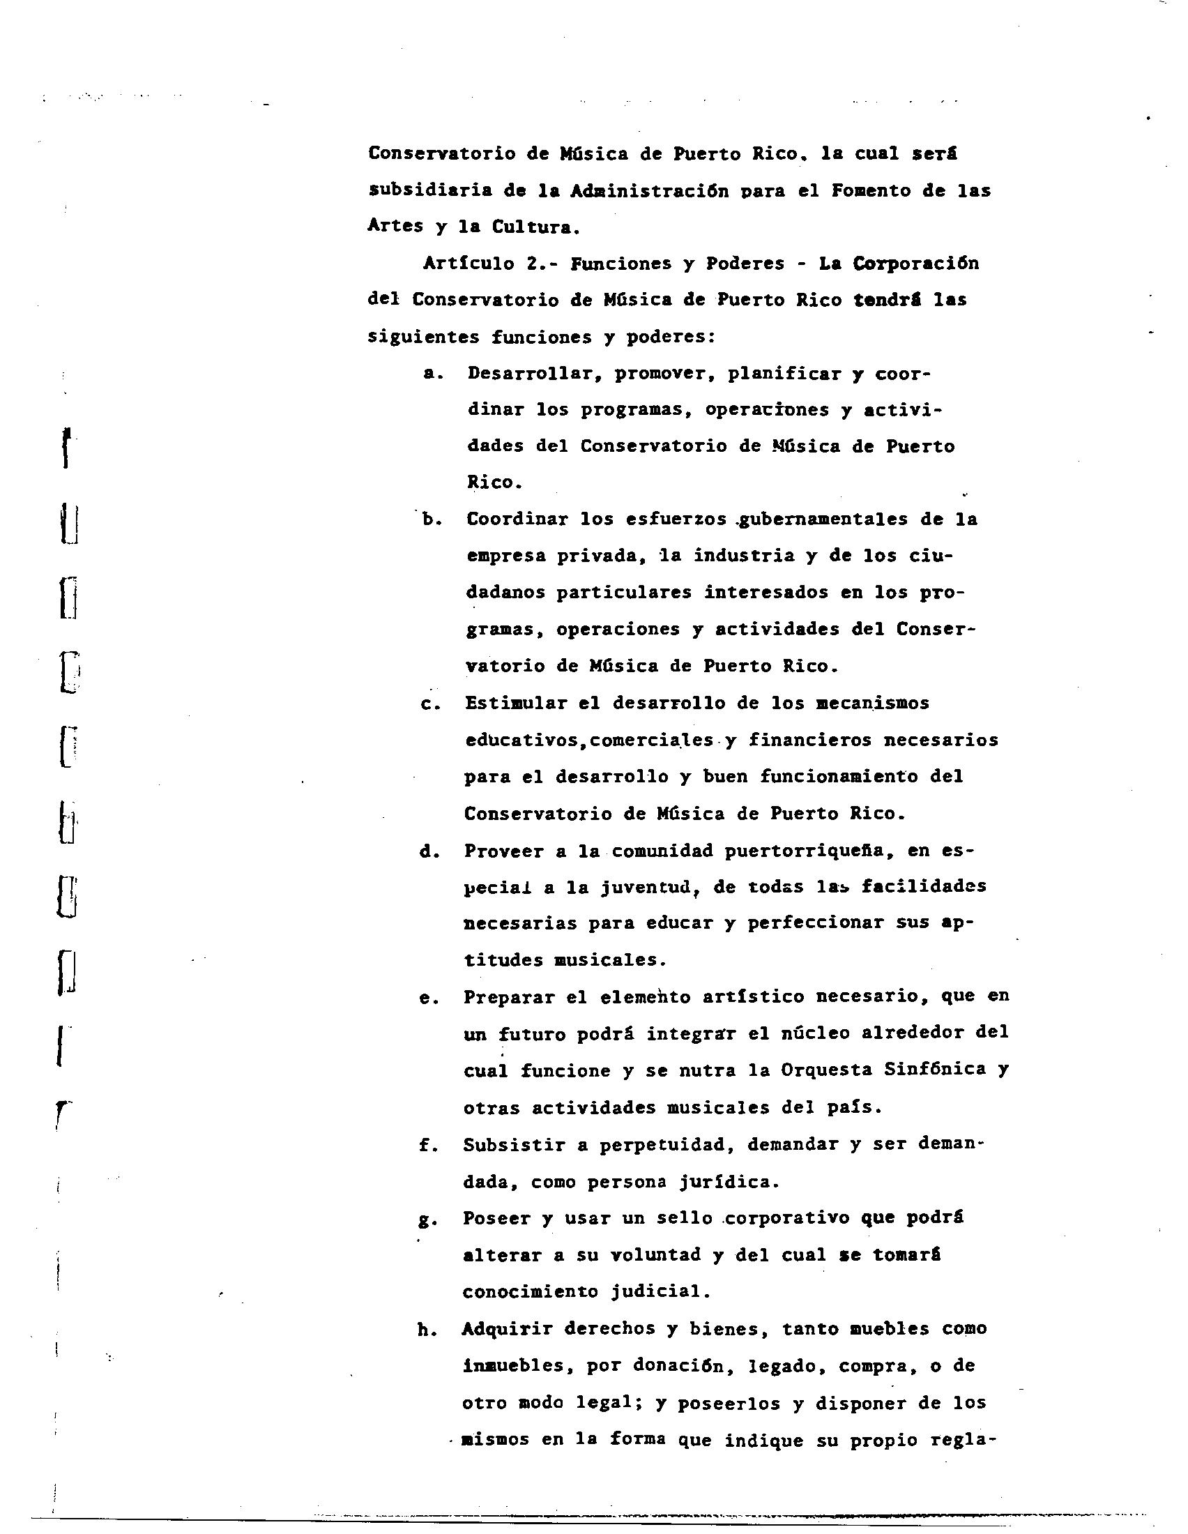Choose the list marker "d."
point(428,852)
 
